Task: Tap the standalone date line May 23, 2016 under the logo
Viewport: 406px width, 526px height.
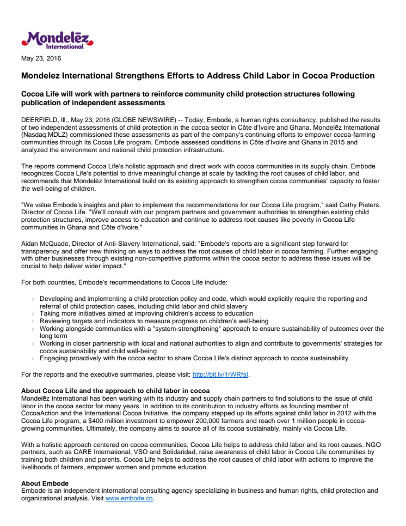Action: click(x=41, y=58)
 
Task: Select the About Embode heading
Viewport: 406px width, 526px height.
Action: click(x=45, y=483)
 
